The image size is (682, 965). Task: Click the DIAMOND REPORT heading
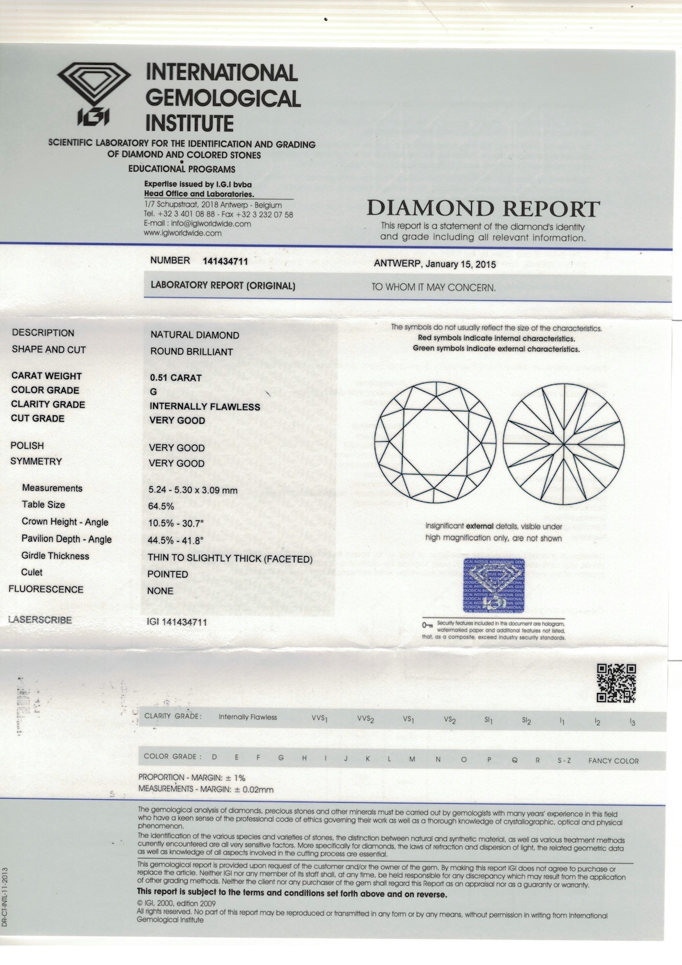pyautogui.click(x=483, y=208)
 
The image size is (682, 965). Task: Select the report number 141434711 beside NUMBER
pyautogui.click(x=225, y=261)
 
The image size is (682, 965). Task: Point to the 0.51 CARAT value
pyautogui.click(x=176, y=378)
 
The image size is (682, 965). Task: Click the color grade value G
pyautogui.click(x=153, y=392)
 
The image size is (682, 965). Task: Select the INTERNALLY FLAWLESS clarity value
pyautogui.click(x=204, y=407)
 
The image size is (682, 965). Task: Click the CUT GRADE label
pyautogui.click(x=38, y=418)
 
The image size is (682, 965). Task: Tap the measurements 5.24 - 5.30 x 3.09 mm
pyautogui.click(x=193, y=490)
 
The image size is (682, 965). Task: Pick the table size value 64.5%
pyautogui.click(x=161, y=506)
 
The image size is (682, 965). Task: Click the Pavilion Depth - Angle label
pyautogui.click(x=66, y=539)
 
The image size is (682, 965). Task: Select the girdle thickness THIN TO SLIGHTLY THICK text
pyautogui.click(x=230, y=558)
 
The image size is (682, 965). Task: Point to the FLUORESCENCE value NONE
pyautogui.click(x=160, y=591)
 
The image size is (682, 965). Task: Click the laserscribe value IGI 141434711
pyautogui.click(x=177, y=622)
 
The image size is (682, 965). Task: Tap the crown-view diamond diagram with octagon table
pyautogui.click(x=435, y=442)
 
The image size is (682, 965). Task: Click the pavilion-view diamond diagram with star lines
pyautogui.click(x=564, y=444)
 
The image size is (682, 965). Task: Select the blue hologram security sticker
pyautogui.click(x=494, y=585)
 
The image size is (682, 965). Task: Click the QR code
pyautogui.click(x=616, y=683)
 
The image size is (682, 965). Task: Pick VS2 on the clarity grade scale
pyautogui.click(x=450, y=720)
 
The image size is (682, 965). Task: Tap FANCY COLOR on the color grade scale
pyautogui.click(x=613, y=761)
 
